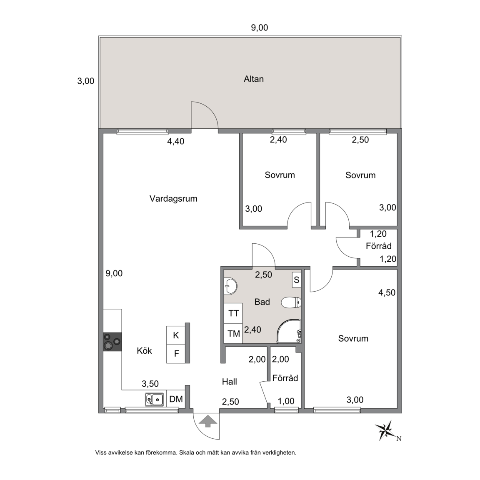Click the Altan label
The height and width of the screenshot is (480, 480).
coord(253,79)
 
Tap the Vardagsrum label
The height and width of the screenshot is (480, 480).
coord(173,199)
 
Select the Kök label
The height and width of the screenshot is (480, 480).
coord(144,350)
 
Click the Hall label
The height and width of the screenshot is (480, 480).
coord(230,382)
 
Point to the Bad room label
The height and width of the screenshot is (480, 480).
coord(262,302)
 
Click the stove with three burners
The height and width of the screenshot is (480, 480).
coord(112,342)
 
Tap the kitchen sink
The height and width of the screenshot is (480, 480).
coord(154,399)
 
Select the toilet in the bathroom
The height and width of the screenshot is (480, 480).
coord(291,302)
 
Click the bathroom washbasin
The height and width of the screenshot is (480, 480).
coord(230,286)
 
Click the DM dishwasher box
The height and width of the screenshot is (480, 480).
coord(176,399)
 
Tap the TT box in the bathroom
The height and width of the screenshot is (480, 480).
coord(233,313)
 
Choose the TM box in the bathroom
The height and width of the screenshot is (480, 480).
coord(233,333)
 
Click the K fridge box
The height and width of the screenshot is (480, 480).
coord(176,335)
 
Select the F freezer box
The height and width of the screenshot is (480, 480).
coord(176,354)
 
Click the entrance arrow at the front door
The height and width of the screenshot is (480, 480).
coord(208,421)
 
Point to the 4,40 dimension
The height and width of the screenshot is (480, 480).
coord(176,141)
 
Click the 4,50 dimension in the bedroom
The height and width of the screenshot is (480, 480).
coord(387,292)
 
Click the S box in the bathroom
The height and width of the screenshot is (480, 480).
coord(296,280)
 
